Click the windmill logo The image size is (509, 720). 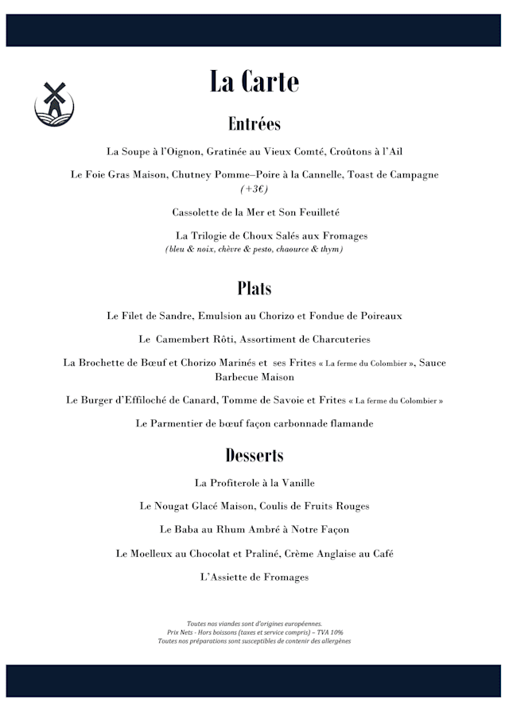[x=54, y=103]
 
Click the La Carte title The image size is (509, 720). [x=254, y=81]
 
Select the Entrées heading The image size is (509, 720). [x=254, y=124]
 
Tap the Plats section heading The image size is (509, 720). [x=254, y=288]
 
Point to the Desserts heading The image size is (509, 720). [x=254, y=455]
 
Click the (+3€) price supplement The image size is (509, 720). [x=254, y=189]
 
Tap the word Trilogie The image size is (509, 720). [x=212, y=236]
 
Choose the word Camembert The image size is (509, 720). [x=186, y=340]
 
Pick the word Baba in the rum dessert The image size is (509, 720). [x=190, y=529]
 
